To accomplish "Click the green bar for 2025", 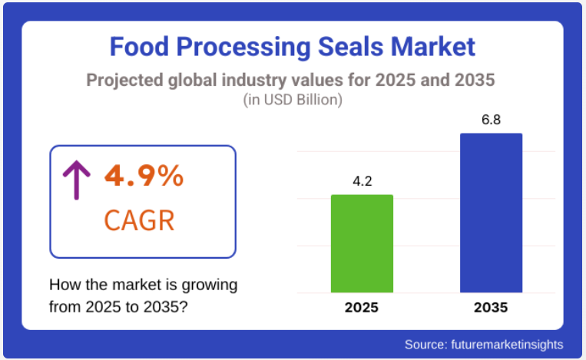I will click(362, 243).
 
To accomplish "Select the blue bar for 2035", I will click(491, 213).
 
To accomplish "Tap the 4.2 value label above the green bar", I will click(362, 182).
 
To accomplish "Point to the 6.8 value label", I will click(491, 121).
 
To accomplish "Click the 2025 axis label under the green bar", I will click(362, 308).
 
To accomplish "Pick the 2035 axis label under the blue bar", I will click(491, 308).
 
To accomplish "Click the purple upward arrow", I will click(76, 179).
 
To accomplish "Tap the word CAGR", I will click(139, 221).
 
